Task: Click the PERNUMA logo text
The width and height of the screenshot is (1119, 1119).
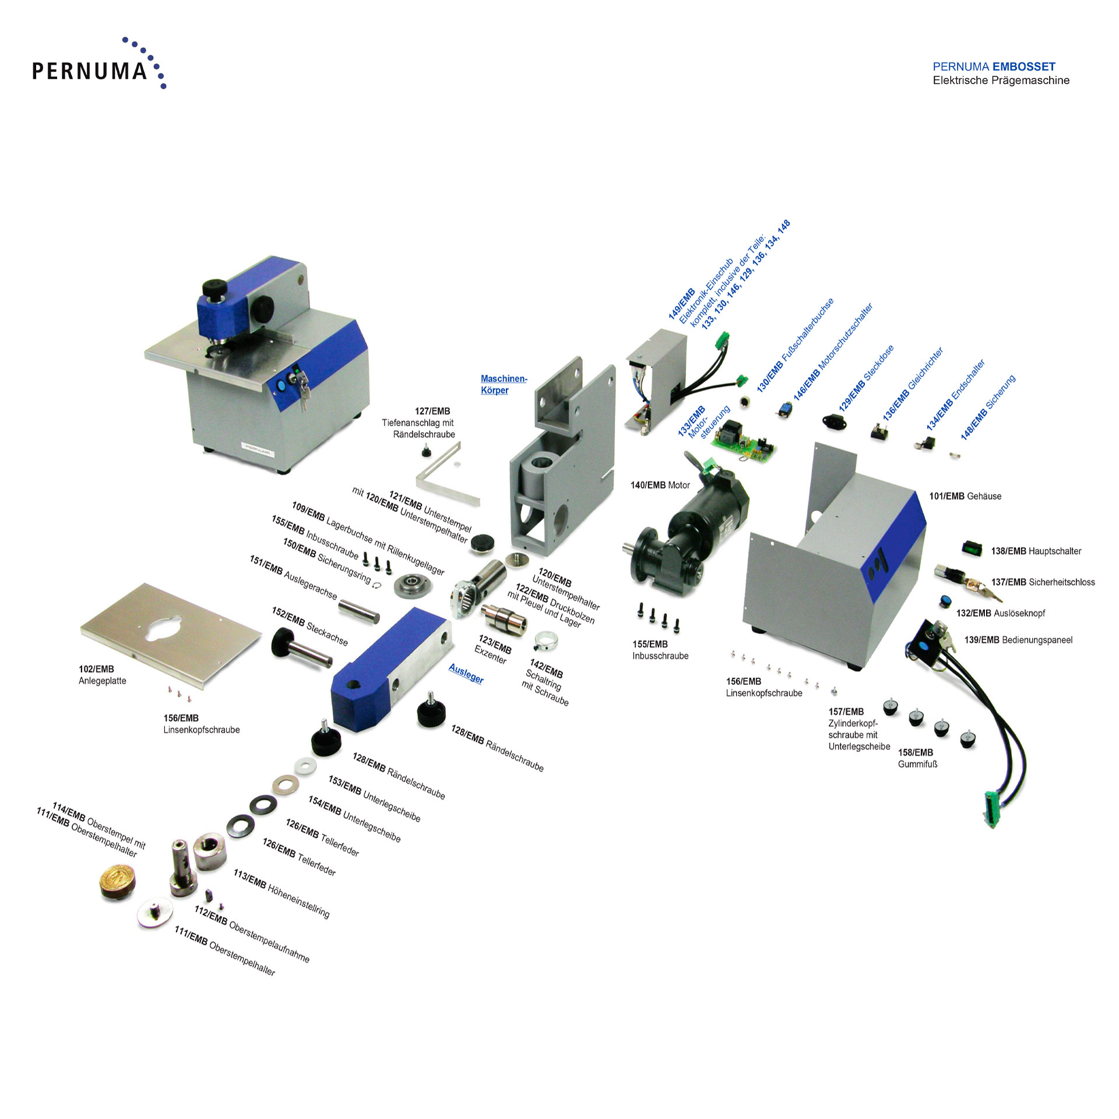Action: pyautogui.click(x=89, y=71)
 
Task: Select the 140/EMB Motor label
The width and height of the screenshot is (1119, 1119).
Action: pyautogui.click(x=660, y=485)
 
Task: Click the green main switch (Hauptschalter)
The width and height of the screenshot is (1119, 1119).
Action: pyautogui.click(x=971, y=548)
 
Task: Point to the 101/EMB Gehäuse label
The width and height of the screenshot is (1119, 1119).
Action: pyautogui.click(x=965, y=496)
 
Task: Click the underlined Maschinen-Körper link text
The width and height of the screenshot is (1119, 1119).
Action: pyautogui.click(x=503, y=385)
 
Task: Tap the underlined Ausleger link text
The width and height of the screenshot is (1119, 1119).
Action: pyautogui.click(x=466, y=674)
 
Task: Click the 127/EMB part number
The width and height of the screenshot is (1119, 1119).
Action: pyautogui.click(x=432, y=411)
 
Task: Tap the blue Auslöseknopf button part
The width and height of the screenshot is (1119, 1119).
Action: pyautogui.click(x=945, y=601)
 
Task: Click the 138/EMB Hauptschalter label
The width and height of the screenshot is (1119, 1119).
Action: pyautogui.click(x=1036, y=551)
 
